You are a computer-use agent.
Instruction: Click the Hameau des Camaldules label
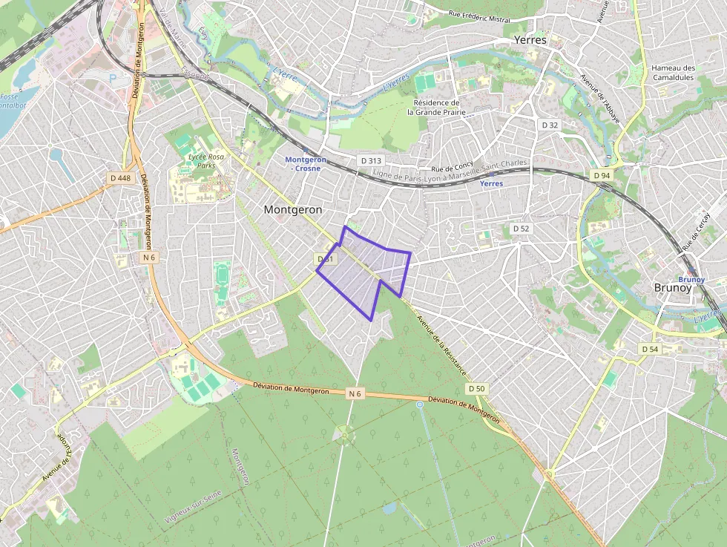(673, 72)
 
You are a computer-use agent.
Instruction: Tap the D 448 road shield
(119, 177)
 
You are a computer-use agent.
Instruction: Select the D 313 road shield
(370, 160)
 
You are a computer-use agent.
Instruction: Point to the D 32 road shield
(550, 125)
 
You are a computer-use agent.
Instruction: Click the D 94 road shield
(601, 174)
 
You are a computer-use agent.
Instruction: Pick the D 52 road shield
(521, 229)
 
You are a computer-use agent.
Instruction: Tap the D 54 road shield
(649, 349)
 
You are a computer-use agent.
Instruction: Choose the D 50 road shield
(476, 389)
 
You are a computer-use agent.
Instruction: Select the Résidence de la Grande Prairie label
(436, 108)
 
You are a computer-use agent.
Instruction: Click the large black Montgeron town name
(293, 210)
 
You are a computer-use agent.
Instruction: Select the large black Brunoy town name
(673, 287)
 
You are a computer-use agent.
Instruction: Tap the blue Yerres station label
(491, 183)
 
